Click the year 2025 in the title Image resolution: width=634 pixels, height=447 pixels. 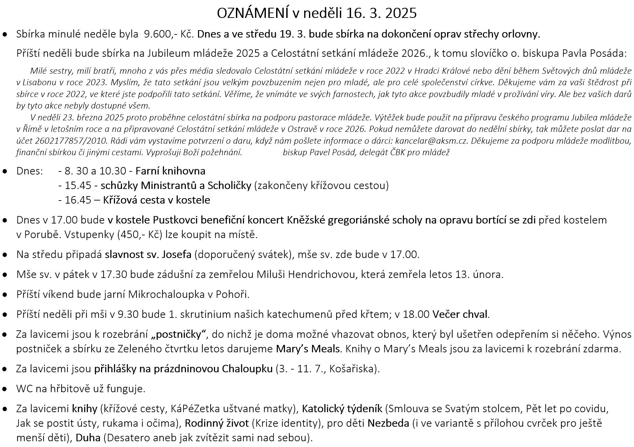pos(401,13)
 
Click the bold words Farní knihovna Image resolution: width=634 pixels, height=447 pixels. pos(170,171)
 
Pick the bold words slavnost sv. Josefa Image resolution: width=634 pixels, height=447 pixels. pos(148,254)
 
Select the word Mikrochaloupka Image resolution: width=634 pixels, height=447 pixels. pos(166,295)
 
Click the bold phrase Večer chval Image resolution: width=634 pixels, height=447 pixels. pos(460,314)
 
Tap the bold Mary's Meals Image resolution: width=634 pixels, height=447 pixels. pos(308,349)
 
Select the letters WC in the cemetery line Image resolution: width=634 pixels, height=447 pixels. pos(24,389)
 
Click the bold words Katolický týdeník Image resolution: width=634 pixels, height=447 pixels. pos(342,409)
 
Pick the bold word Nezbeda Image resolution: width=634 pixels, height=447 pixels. pos(388,423)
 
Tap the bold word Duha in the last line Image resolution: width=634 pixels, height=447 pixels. pos(88,438)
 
